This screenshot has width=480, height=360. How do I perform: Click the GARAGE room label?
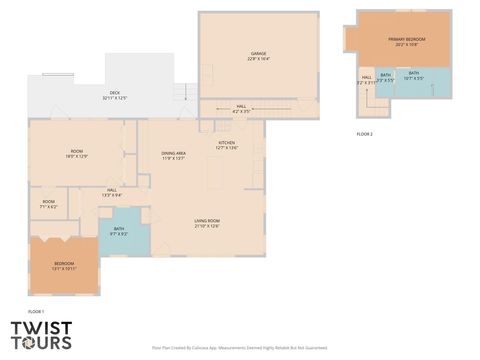click(x=259, y=56)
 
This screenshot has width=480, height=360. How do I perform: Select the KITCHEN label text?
click(x=227, y=145)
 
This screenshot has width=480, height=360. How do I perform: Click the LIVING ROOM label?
click(x=207, y=223)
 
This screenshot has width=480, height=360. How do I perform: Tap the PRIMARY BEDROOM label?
click(x=406, y=41)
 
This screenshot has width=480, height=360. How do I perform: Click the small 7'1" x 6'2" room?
click(x=49, y=205)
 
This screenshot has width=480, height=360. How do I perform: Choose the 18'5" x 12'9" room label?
click(x=77, y=154)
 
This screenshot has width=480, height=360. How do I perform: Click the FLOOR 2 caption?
click(x=364, y=133)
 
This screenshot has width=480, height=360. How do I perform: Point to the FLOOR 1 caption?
click(x=36, y=313)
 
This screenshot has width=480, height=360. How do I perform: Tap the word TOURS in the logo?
click(x=41, y=343)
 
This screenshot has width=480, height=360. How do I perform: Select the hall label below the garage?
click(x=241, y=108)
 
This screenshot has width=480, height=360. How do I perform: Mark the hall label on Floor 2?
click(x=367, y=80)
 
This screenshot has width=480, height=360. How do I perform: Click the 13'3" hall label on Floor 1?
click(x=111, y=193)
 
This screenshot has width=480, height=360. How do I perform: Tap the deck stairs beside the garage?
click(x=181, y=94)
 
